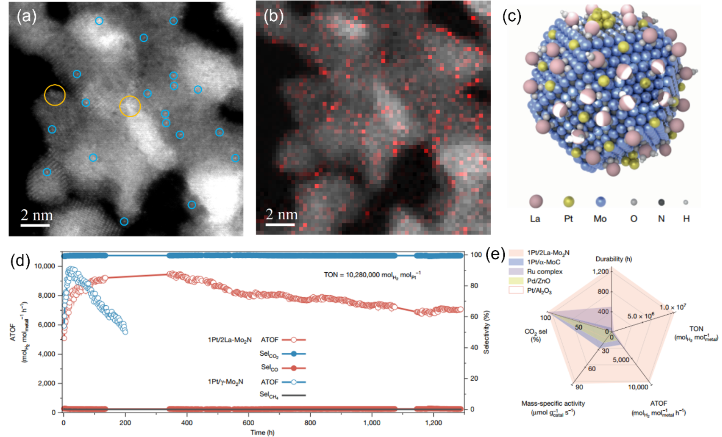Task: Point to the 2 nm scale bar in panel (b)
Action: coord(280,224)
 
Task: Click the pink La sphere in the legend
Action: coord(536,202)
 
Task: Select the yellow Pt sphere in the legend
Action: coord(568,202)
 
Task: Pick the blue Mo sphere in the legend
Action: coord(600,202)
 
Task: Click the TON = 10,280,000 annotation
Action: coord(372,275)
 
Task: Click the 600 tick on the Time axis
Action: coord(248,423)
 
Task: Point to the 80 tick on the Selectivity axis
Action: coord(474,286)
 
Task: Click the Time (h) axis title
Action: coord(262,432)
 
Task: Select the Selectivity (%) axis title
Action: coord(486,332)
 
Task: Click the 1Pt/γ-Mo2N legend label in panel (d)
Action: coord(225,382)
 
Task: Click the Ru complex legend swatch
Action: coord(516,271)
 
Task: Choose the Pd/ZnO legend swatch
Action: coord(516,281)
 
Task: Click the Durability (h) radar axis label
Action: coord(613,259)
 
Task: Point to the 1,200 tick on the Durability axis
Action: coord(600,271)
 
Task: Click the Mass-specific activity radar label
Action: coord(553,407)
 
